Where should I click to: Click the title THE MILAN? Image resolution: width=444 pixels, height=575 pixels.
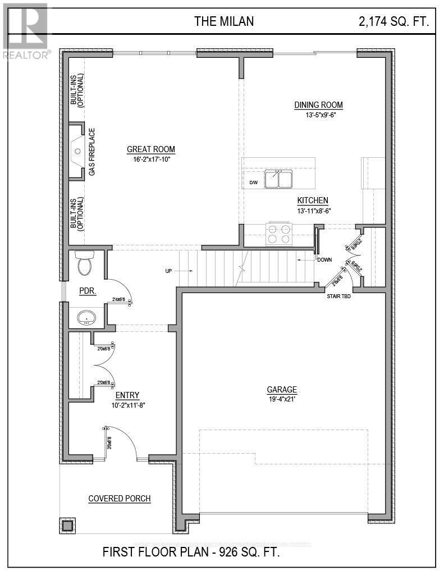click(x=224, y=21)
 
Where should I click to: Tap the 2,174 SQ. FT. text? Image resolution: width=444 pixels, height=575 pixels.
click(x=394, y=21)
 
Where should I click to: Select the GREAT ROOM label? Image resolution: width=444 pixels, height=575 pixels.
click(x=150, y=149)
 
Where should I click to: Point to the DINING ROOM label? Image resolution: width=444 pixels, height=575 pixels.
click(x=318, y=105)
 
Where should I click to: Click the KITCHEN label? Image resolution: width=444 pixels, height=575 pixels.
click(x=313, y=200)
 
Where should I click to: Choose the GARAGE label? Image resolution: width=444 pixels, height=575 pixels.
click(x=282, y=390)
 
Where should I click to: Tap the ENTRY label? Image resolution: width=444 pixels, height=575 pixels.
click(x=127, y=395)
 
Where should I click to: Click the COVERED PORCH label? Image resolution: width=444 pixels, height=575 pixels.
click(x=120, y=499)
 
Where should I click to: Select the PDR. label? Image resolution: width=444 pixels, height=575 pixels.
click(x=89, y=291)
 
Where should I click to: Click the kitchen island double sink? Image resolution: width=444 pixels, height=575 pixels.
click(x=279, y=179)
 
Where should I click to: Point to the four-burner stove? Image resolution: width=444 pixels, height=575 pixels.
click(x=279, y=234)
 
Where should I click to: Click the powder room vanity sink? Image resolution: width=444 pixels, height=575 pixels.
click(x=86, y=318)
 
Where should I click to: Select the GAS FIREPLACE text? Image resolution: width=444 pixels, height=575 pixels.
click(x=92, y=152)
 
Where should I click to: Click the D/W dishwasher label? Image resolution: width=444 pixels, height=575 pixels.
click(x=253, y=183)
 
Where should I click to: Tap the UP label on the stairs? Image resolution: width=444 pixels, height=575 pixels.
click(x=168, y=271)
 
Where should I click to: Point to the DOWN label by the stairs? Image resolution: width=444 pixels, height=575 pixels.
click(x=324, y=260)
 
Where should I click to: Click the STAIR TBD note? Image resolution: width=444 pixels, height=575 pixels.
click(x=339, y=296)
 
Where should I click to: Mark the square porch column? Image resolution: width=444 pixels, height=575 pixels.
click(x=67, y=525)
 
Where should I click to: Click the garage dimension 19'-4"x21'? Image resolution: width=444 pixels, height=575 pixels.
click(x=282, y=399)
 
